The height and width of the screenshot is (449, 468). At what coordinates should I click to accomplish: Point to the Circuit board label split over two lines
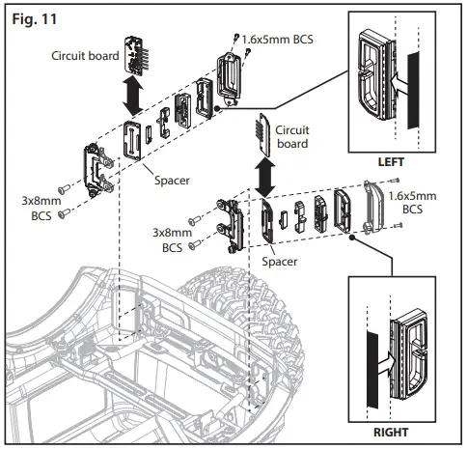(x=291, y=136)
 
